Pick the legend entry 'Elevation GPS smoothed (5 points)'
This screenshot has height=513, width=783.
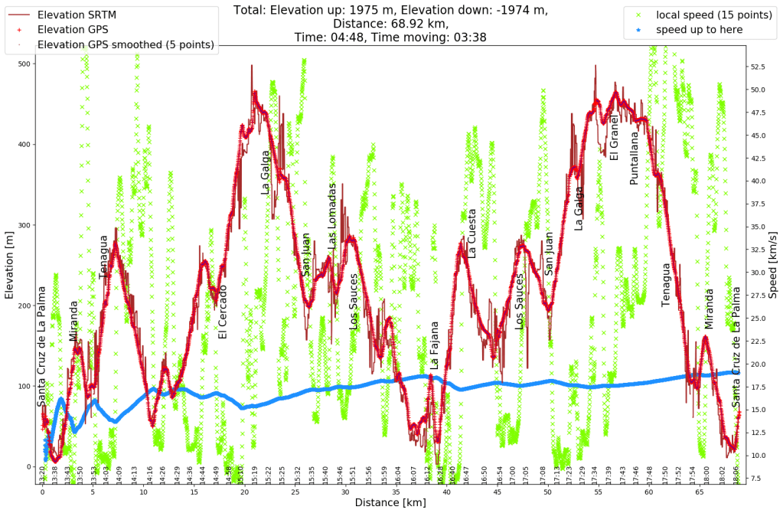tap(126, 44)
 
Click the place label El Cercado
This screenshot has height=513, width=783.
tap(223, 312)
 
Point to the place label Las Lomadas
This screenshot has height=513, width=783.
tap(332, 215)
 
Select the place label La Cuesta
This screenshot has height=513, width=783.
tap(471, 233)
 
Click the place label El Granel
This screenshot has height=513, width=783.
tap(614, 137)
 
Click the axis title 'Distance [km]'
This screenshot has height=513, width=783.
tap(390, 504)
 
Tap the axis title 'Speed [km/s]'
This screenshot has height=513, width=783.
tap(773, 265)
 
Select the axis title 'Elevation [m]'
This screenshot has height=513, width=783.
tap(8, 265)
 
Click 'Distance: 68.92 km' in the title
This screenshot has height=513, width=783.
tap(390, 23)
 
